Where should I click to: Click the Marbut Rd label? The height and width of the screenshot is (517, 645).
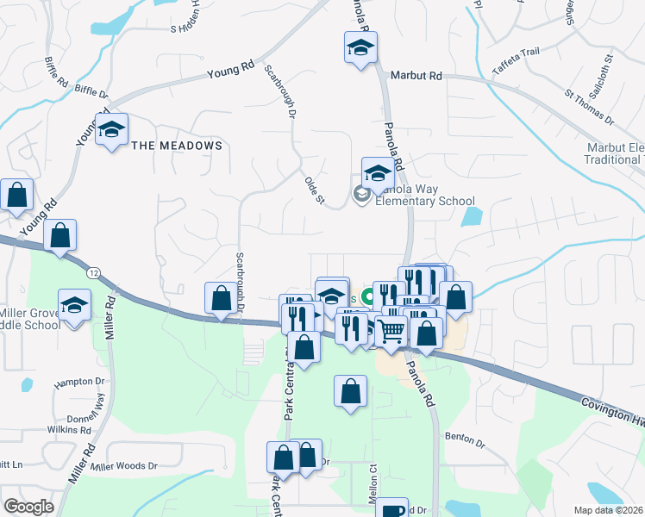[416, 76]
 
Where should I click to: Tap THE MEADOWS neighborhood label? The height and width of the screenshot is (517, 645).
[177, 146]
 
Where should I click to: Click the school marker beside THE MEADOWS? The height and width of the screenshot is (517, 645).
[111, 130]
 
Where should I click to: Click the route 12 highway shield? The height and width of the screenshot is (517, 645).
[92, 273]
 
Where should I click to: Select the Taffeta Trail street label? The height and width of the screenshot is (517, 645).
[516, 52]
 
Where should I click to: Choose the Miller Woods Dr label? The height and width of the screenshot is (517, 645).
[124, 466]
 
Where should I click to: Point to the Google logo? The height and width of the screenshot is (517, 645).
[28, 507]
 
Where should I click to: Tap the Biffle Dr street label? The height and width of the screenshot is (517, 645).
[91, 89]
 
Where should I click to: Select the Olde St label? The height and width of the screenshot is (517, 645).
[314, 190]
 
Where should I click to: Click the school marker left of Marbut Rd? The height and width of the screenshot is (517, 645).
[360, 48]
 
